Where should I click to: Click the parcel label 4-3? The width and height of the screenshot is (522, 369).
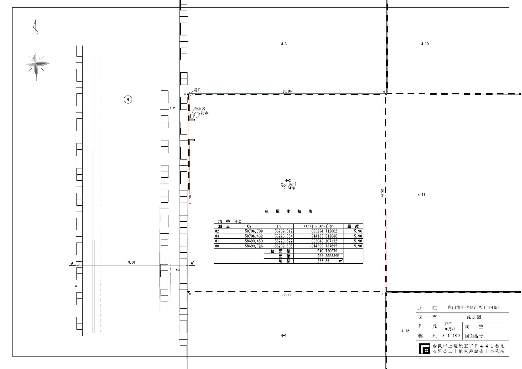(284, 44)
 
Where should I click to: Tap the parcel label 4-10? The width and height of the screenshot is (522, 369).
(425, 44)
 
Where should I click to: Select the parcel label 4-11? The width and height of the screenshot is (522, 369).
(421, 195)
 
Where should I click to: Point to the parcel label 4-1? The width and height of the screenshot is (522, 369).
(284, 336)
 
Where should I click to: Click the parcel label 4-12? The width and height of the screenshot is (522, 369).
(405, 331)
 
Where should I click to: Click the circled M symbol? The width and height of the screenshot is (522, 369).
(128, 99)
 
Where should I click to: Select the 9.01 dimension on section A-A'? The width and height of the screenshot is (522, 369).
(132, 262)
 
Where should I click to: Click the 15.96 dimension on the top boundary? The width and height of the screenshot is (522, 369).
(287, 91)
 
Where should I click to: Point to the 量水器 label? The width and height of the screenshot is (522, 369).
(200, 109)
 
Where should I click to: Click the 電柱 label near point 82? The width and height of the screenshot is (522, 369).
(197, 90)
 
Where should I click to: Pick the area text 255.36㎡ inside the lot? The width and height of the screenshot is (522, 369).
(288, 184)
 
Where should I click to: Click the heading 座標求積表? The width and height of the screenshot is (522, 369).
(288, 212)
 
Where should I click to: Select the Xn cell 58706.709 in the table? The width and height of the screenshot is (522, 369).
(254, 231)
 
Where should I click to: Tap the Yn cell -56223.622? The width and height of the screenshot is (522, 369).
(282, 241)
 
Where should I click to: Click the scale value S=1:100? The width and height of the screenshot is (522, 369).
(451, 336)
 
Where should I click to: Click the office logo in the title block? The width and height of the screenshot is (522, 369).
(424, 349)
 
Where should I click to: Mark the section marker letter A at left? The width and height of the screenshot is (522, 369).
(72, 263)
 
